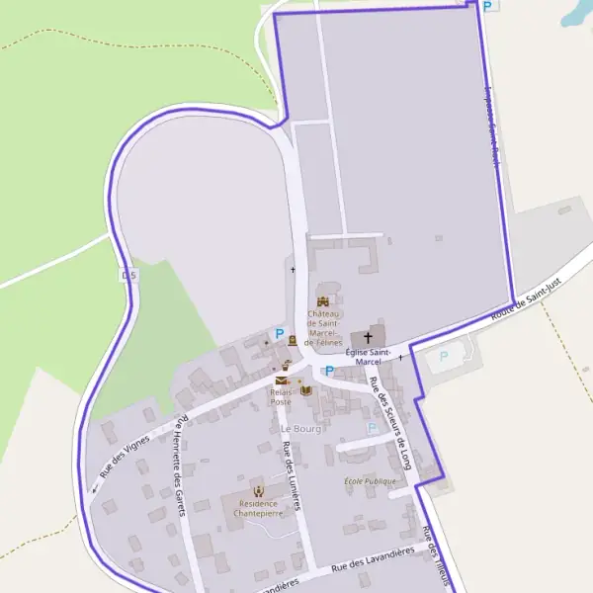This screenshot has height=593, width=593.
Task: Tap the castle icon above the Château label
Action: coord(323,301)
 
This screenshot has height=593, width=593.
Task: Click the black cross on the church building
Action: coord(369,337)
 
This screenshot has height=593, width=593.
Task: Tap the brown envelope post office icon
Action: coord(282,380)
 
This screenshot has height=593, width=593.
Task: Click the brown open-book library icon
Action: coord(304,389)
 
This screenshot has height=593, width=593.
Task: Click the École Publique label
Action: coord(370,480)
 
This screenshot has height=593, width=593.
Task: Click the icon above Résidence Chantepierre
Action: coord(259,490)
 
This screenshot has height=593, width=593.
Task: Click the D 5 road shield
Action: coord(127,275)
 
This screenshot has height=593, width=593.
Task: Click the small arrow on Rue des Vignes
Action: coord(96,488)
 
